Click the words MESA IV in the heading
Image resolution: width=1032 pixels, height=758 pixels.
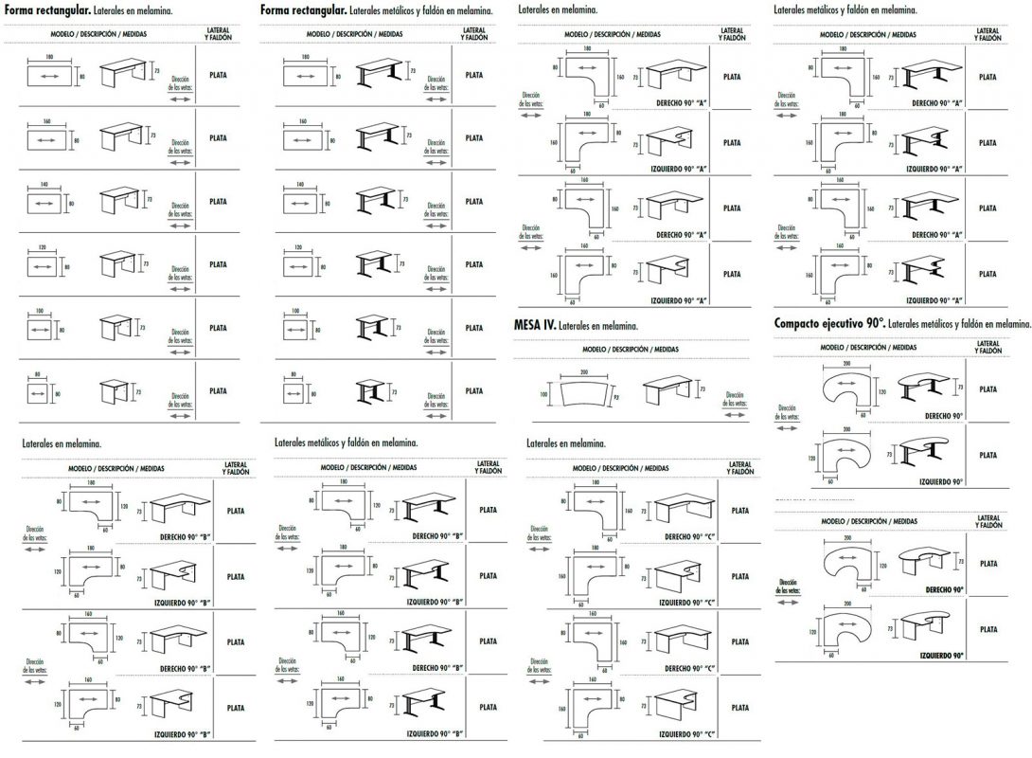pos(533,325)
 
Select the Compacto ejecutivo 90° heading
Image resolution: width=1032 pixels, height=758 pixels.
pos(828,323)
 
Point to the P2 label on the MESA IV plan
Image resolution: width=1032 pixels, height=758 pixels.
pos(615,398)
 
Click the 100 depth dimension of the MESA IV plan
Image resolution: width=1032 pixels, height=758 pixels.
pos(544,392)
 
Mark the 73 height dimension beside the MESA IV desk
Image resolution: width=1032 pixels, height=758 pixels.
pos(703,388)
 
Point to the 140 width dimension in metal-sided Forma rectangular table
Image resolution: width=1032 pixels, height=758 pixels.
pos(300,184)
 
